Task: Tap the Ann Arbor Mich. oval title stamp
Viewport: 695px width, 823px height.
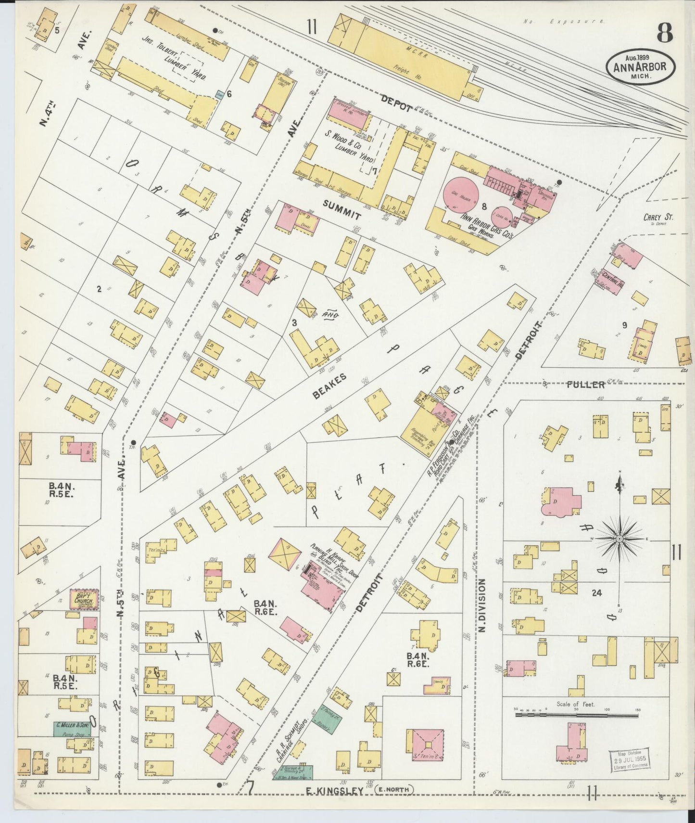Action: pyautogui.click(x=640, y=68)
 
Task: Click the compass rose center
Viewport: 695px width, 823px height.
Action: pyautogui.click(x=620, y=538)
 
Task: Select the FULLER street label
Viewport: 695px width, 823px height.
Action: pyautogui.click(x=585, y=385)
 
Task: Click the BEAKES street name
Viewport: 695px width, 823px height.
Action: pyautogui.click(x=330, y=387)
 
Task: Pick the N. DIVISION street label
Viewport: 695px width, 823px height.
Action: pyautogui.click(x=483, y=605)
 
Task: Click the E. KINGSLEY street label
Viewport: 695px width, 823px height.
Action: pyautogui.click(x=337, y=790)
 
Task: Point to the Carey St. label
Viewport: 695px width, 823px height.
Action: pyautogui.click(x=658, y=218)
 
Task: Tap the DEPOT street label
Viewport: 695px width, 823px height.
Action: pyautogui.click(x=397, y=103)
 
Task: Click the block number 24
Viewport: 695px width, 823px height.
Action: pyautogui.click(x=596, y=593)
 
